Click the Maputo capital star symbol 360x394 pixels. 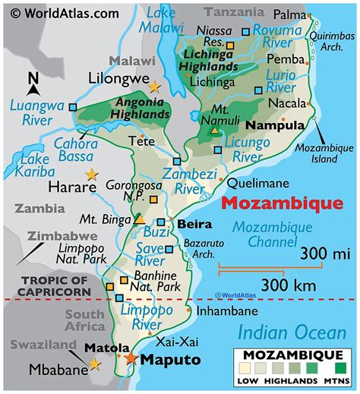[x=131, y=358]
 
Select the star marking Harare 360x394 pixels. [x=92, y=175]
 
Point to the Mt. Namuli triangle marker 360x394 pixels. [x=215, y=131]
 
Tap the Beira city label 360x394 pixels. [x=192, y=224]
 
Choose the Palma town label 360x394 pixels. [x=289, y=14]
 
